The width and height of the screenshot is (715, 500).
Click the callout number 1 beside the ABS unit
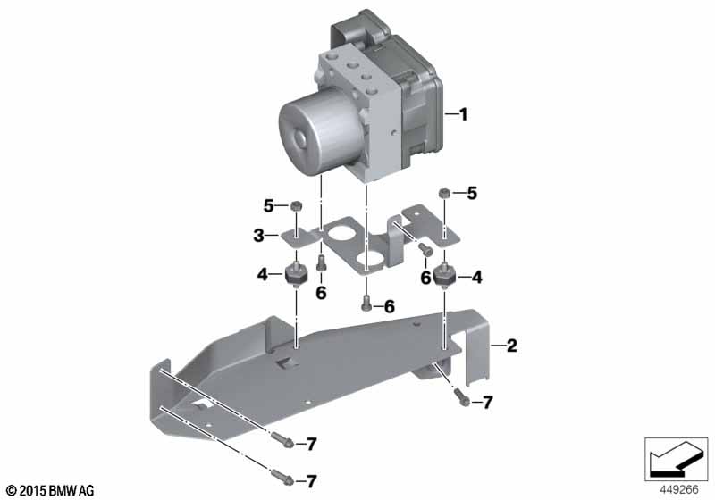pos(463,114)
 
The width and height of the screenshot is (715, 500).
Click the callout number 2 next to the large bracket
pos(511,346)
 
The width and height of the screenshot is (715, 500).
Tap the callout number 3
pos(258,236)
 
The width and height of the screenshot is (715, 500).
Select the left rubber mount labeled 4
pos(296,275)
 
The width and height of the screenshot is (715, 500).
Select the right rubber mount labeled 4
pos(444,275)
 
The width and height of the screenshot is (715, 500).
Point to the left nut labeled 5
pos(296,206)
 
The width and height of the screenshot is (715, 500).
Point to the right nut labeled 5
pos(444,194)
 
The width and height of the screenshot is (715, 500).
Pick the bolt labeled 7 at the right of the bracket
pos(462,398)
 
